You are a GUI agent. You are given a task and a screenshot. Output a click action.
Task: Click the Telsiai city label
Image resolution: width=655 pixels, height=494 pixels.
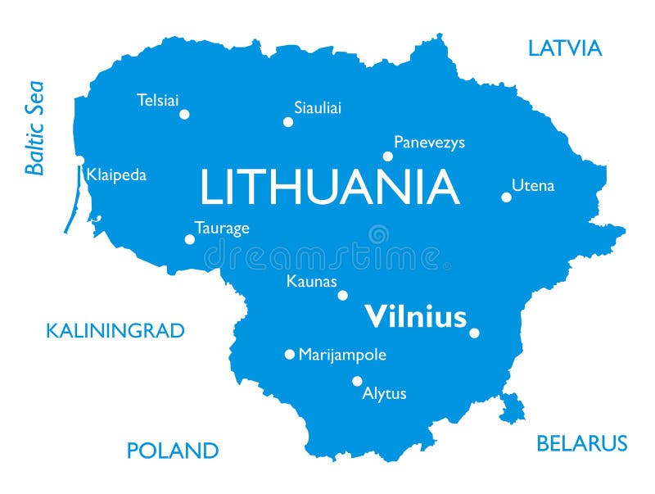coord(157,101)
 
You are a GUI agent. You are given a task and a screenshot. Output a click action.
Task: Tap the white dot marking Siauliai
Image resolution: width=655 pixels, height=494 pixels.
coord(288,122)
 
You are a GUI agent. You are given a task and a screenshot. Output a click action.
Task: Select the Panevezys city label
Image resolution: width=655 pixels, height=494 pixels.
coord(429,143)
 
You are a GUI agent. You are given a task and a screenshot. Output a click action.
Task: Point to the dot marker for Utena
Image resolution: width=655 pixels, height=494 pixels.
coord(507,197)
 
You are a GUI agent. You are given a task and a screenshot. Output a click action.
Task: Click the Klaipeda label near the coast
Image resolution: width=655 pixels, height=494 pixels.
coord(116,175)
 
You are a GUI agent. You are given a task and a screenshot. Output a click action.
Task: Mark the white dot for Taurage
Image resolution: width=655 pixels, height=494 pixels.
coord(190,240)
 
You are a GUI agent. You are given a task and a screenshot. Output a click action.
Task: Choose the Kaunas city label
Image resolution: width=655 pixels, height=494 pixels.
coord(311,281)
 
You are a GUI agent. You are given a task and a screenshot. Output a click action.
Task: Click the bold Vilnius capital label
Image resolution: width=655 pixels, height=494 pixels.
coord(415,316)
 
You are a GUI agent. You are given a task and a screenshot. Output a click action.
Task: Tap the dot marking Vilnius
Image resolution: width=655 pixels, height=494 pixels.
coord(474,333)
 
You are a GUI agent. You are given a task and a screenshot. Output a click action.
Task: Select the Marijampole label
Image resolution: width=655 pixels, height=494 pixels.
coord(342,355)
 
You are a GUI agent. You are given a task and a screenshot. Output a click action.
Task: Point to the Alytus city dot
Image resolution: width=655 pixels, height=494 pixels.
coord(357,381)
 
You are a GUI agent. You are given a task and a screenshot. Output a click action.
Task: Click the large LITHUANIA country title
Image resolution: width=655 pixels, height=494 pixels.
coord(329,188)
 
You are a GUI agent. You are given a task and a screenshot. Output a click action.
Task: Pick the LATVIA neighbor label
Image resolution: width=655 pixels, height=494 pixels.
coord(565,48)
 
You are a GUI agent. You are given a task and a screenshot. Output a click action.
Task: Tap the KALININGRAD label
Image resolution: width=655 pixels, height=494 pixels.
coord(115,331)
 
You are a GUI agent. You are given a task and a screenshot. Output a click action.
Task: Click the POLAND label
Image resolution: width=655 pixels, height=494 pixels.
coord(173,451)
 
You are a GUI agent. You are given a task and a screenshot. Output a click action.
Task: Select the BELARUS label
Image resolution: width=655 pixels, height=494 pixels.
coord(581,444)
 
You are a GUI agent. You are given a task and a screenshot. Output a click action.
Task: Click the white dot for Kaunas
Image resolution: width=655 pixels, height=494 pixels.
coord(343,296)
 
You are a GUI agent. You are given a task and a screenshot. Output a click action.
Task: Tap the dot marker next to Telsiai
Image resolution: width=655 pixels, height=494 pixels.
coord(184,115)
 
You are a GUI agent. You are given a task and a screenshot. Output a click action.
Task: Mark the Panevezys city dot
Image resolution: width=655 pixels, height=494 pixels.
coord(388,156)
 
